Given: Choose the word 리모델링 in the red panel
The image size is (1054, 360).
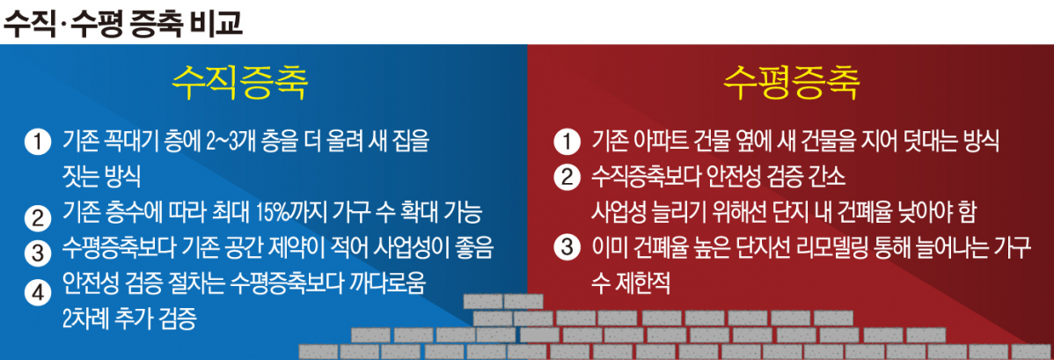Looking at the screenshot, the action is (x=874, y=248).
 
